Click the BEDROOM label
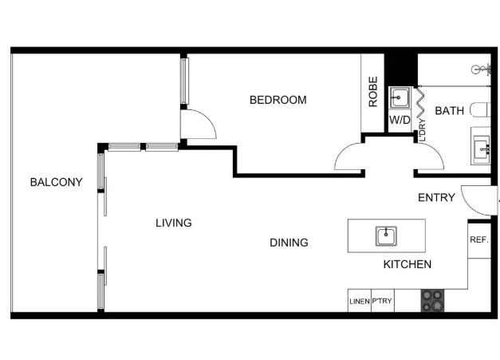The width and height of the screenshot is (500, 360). (x=278, y=100)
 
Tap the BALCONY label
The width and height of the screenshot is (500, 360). (x=56, y=182)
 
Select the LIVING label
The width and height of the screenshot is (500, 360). (x=173, y=223)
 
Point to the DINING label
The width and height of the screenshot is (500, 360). (x=289, y=243)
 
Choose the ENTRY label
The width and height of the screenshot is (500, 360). (x=436, y=198)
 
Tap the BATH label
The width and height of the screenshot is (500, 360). (x=449, y=111)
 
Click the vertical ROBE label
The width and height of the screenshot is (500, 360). (x=372, y=92)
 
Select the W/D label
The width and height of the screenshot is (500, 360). (x=400, y=121)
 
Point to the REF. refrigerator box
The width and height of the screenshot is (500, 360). (x=478, y=239)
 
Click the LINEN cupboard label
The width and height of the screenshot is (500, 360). (x=359, y=302)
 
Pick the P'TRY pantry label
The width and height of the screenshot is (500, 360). (x=380, y=302)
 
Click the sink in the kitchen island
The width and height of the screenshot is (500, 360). (x=386, y=235)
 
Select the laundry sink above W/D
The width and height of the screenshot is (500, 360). (x=400, y=99)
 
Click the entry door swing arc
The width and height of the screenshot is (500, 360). (x=477, y=201)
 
